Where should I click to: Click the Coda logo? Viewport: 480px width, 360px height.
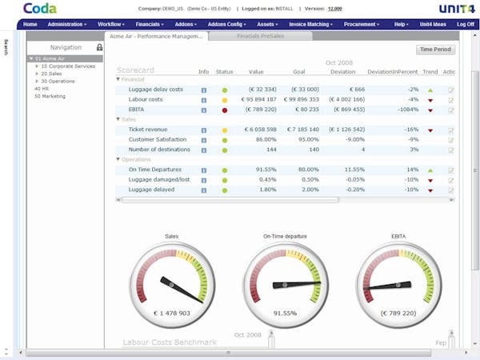click(x=39, y=9)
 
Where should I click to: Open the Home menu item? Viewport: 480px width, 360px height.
click(x=30, y=25)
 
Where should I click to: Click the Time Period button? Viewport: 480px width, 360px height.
click(x=436, y=50)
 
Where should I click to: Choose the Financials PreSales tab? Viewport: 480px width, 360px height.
click(x=262, y=37)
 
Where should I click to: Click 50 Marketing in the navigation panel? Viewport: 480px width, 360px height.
click(x=50, y=96)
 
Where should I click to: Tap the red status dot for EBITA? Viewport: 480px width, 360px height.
click(x=225, y=110)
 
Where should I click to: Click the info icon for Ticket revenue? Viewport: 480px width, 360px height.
click(x=204, y=130)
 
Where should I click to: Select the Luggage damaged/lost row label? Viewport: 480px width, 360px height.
click(x=158, y=179)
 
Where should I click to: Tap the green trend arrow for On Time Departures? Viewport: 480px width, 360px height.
click(x=430, y=170)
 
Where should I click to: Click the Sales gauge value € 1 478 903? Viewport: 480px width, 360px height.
click(x=171, y=313)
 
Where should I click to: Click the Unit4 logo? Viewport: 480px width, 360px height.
click(x=455, y=9)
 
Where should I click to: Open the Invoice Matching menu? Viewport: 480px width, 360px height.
click(x=310, y=25)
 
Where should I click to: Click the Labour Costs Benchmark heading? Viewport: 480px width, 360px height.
click(x=170, y=342)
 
